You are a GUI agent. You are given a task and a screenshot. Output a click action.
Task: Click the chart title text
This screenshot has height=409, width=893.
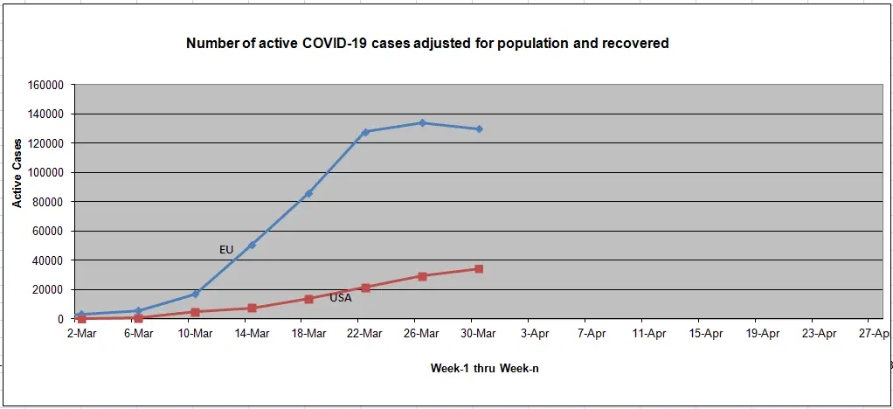point(427,43)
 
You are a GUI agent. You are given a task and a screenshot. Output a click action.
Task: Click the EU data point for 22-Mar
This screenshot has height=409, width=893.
point(365,132)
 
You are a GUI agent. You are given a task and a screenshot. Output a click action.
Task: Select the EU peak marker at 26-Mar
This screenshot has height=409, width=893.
point(422,123)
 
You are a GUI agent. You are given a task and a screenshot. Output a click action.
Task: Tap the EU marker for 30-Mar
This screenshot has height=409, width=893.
point(479,129)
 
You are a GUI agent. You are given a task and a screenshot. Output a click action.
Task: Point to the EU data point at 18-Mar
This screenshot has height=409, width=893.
point(308,193)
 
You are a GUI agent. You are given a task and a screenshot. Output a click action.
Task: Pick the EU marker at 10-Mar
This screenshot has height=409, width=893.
point(195,294)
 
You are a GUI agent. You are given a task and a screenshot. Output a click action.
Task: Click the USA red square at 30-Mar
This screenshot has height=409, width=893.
point(479,269)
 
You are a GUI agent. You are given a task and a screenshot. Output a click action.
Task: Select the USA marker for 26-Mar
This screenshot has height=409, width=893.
point(422,276)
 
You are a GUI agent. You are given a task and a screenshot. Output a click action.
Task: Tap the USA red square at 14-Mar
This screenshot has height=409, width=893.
point(252,308)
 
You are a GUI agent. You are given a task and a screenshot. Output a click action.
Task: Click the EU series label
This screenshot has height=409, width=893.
point(226,250)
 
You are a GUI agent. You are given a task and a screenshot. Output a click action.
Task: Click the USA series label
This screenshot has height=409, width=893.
point(341,298)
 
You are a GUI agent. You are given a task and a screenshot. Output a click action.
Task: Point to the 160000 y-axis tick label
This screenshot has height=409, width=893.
point(46,85)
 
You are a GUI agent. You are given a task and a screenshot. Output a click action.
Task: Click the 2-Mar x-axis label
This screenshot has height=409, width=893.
point(81,333)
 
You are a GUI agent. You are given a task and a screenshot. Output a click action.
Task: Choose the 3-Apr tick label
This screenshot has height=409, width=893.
point(535,333)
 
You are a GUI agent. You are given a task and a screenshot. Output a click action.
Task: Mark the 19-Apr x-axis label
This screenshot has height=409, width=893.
point(762,333)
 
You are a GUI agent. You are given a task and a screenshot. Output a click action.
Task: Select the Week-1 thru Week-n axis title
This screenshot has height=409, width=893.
point(484,368)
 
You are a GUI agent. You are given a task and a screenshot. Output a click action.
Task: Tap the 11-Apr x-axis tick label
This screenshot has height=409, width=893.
point(648,333)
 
